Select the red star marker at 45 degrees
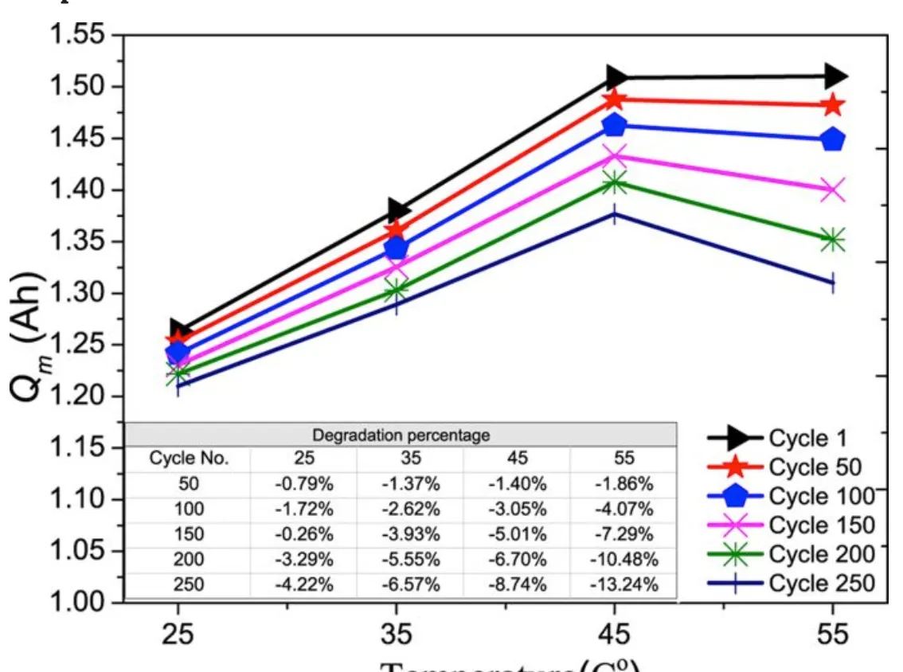point(614,100)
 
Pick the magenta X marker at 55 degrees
point(833,190)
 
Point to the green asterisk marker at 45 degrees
point(614,183)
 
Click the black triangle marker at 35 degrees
point(398,210)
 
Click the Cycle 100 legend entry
point(791,496)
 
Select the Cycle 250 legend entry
point(791,584)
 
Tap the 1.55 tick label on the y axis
point(76,36)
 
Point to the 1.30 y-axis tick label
point(76,294)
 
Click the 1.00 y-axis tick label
point(76,603)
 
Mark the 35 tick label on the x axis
point(396,635)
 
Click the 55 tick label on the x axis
point(833,635)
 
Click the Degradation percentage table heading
point(401,436)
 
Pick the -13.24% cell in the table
point(624,585)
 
